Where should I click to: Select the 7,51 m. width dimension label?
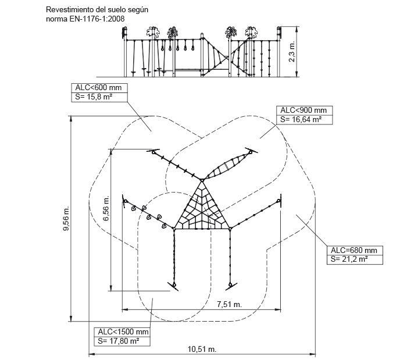click(x=229, y=304)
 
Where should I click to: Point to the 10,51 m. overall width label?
click(x=202, y=349)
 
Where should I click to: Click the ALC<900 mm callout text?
click(x=303, y=111)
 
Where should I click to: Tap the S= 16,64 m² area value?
click(x=301, y=119)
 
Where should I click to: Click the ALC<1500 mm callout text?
click(x=123, y=332)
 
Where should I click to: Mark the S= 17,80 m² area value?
click(x=119, y=341)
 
